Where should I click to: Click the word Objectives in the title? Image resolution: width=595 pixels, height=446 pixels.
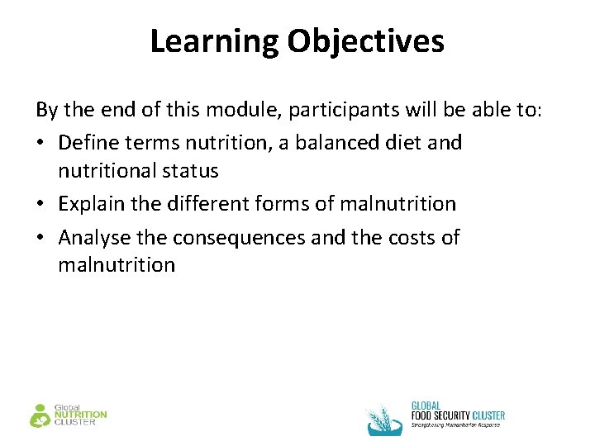click(366, 40)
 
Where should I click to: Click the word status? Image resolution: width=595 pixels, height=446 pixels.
click(191, 171)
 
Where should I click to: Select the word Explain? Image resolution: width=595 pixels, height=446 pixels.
click(90, 204)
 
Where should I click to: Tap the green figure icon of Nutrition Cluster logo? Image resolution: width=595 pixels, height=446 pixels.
click(40, 415)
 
